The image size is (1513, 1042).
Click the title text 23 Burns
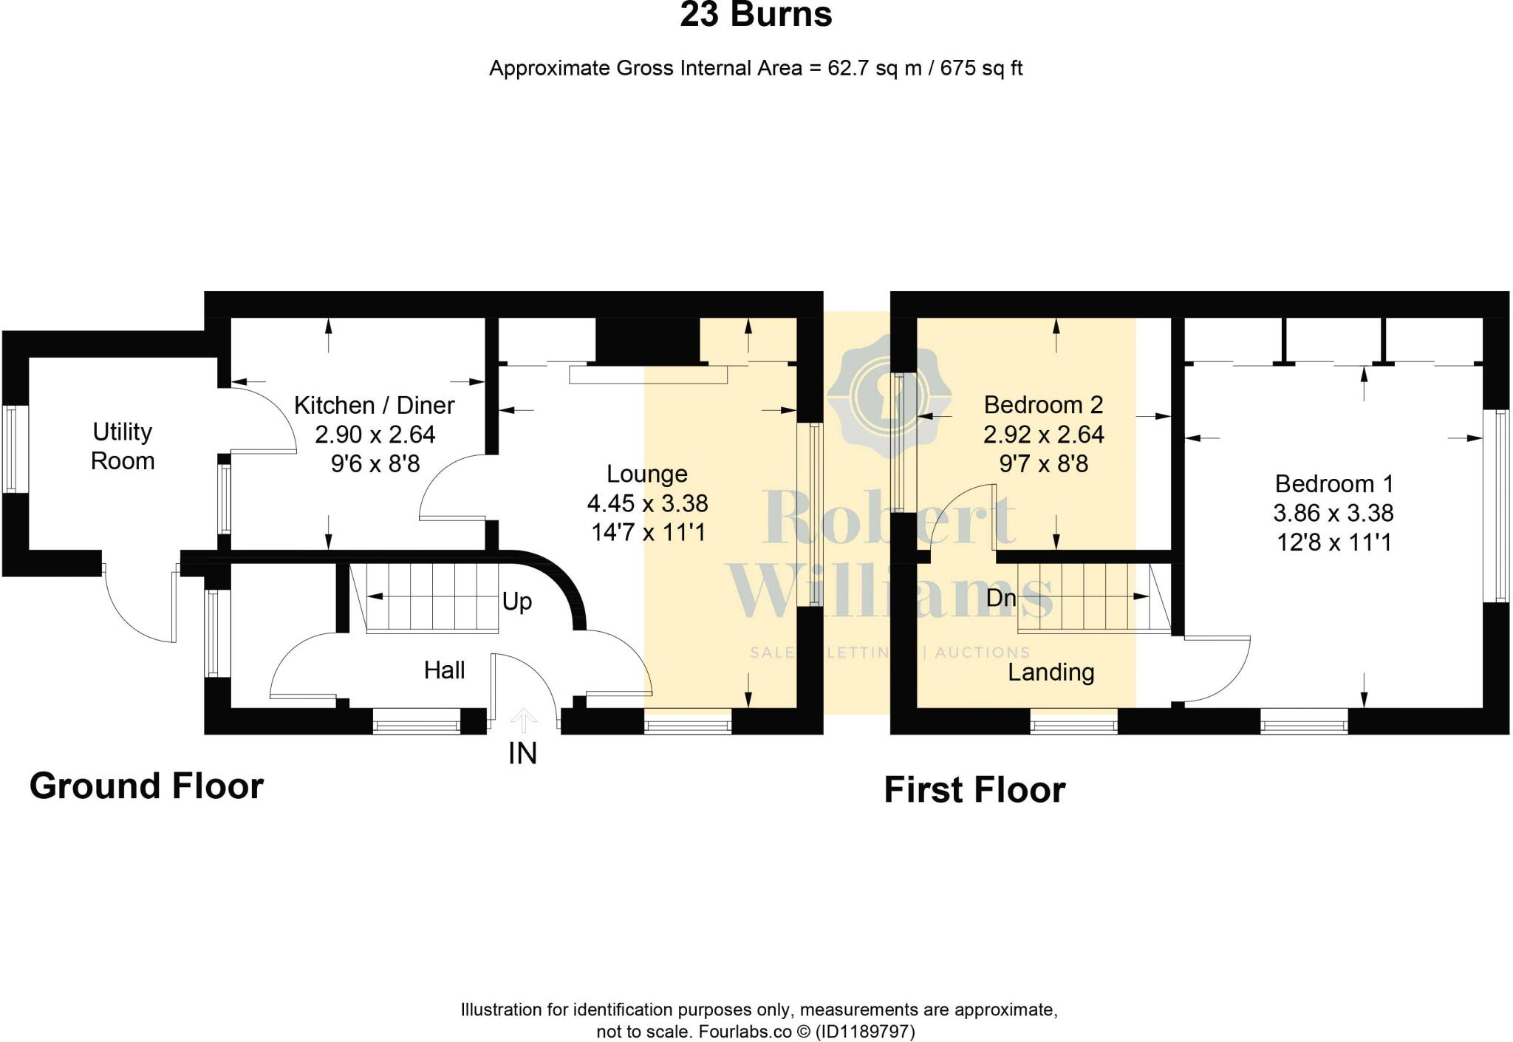756,16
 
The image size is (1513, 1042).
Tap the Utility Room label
123,446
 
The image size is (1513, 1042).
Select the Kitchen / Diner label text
374,405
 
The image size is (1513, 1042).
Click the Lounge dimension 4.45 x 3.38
647,503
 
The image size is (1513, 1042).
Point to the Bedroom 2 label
1043,405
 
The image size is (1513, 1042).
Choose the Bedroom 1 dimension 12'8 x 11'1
1333,543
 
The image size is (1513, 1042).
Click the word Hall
444,670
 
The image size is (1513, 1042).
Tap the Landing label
1051,672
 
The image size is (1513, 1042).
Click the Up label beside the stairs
516,602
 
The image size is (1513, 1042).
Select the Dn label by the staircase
1001,597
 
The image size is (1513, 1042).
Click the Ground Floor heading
146,786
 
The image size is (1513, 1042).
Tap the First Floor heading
974,790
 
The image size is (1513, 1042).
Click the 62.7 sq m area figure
875,69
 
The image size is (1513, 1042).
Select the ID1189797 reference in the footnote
865,1032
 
